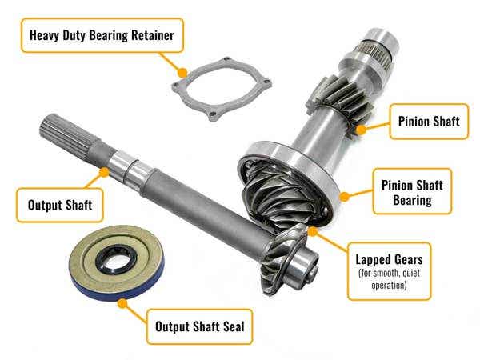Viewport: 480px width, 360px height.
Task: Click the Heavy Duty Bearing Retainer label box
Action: (102, 36)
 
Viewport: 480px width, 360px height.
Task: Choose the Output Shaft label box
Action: (62, 205)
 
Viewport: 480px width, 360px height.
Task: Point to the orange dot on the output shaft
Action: (104, 170)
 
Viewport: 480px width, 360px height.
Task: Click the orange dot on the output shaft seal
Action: (122, 303)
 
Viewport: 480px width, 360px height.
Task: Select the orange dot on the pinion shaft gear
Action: (361, 127)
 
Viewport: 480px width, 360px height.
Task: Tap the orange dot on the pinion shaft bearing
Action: (345, 194)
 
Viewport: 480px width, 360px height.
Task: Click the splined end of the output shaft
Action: (64, 135)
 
